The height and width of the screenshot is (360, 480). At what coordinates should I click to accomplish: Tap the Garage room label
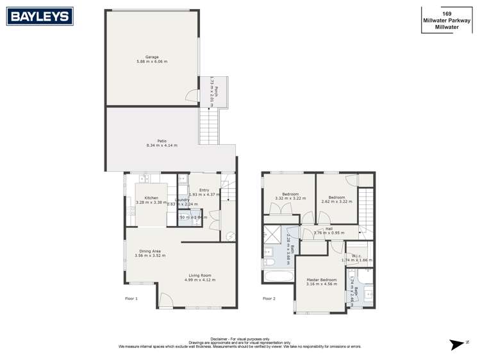click(152, 57)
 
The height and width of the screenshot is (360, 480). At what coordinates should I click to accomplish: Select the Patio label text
click(162, 141)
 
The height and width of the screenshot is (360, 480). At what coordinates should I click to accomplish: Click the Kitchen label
click(151, 198)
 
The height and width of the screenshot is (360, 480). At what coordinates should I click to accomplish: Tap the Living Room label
click(201, 275)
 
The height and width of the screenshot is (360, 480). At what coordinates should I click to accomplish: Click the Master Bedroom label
click(320, 280)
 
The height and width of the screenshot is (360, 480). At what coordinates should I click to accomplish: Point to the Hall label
click(329, 229)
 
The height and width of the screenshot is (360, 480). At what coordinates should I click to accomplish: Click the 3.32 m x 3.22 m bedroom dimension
click(290, 199)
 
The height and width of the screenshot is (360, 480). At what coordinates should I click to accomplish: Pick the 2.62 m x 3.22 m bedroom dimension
click(337, 202)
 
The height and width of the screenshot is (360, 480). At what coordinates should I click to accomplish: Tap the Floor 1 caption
click(131, 299)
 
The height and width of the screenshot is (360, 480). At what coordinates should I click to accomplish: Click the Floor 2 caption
click(269, 299)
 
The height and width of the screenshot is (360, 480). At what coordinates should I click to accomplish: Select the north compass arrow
click(456, 344)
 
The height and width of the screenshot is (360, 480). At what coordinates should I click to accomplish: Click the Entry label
click(204, 190)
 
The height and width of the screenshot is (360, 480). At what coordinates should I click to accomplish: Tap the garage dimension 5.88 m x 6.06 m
click(152, 61)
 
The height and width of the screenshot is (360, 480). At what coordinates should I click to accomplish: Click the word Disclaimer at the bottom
click(221, 339)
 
